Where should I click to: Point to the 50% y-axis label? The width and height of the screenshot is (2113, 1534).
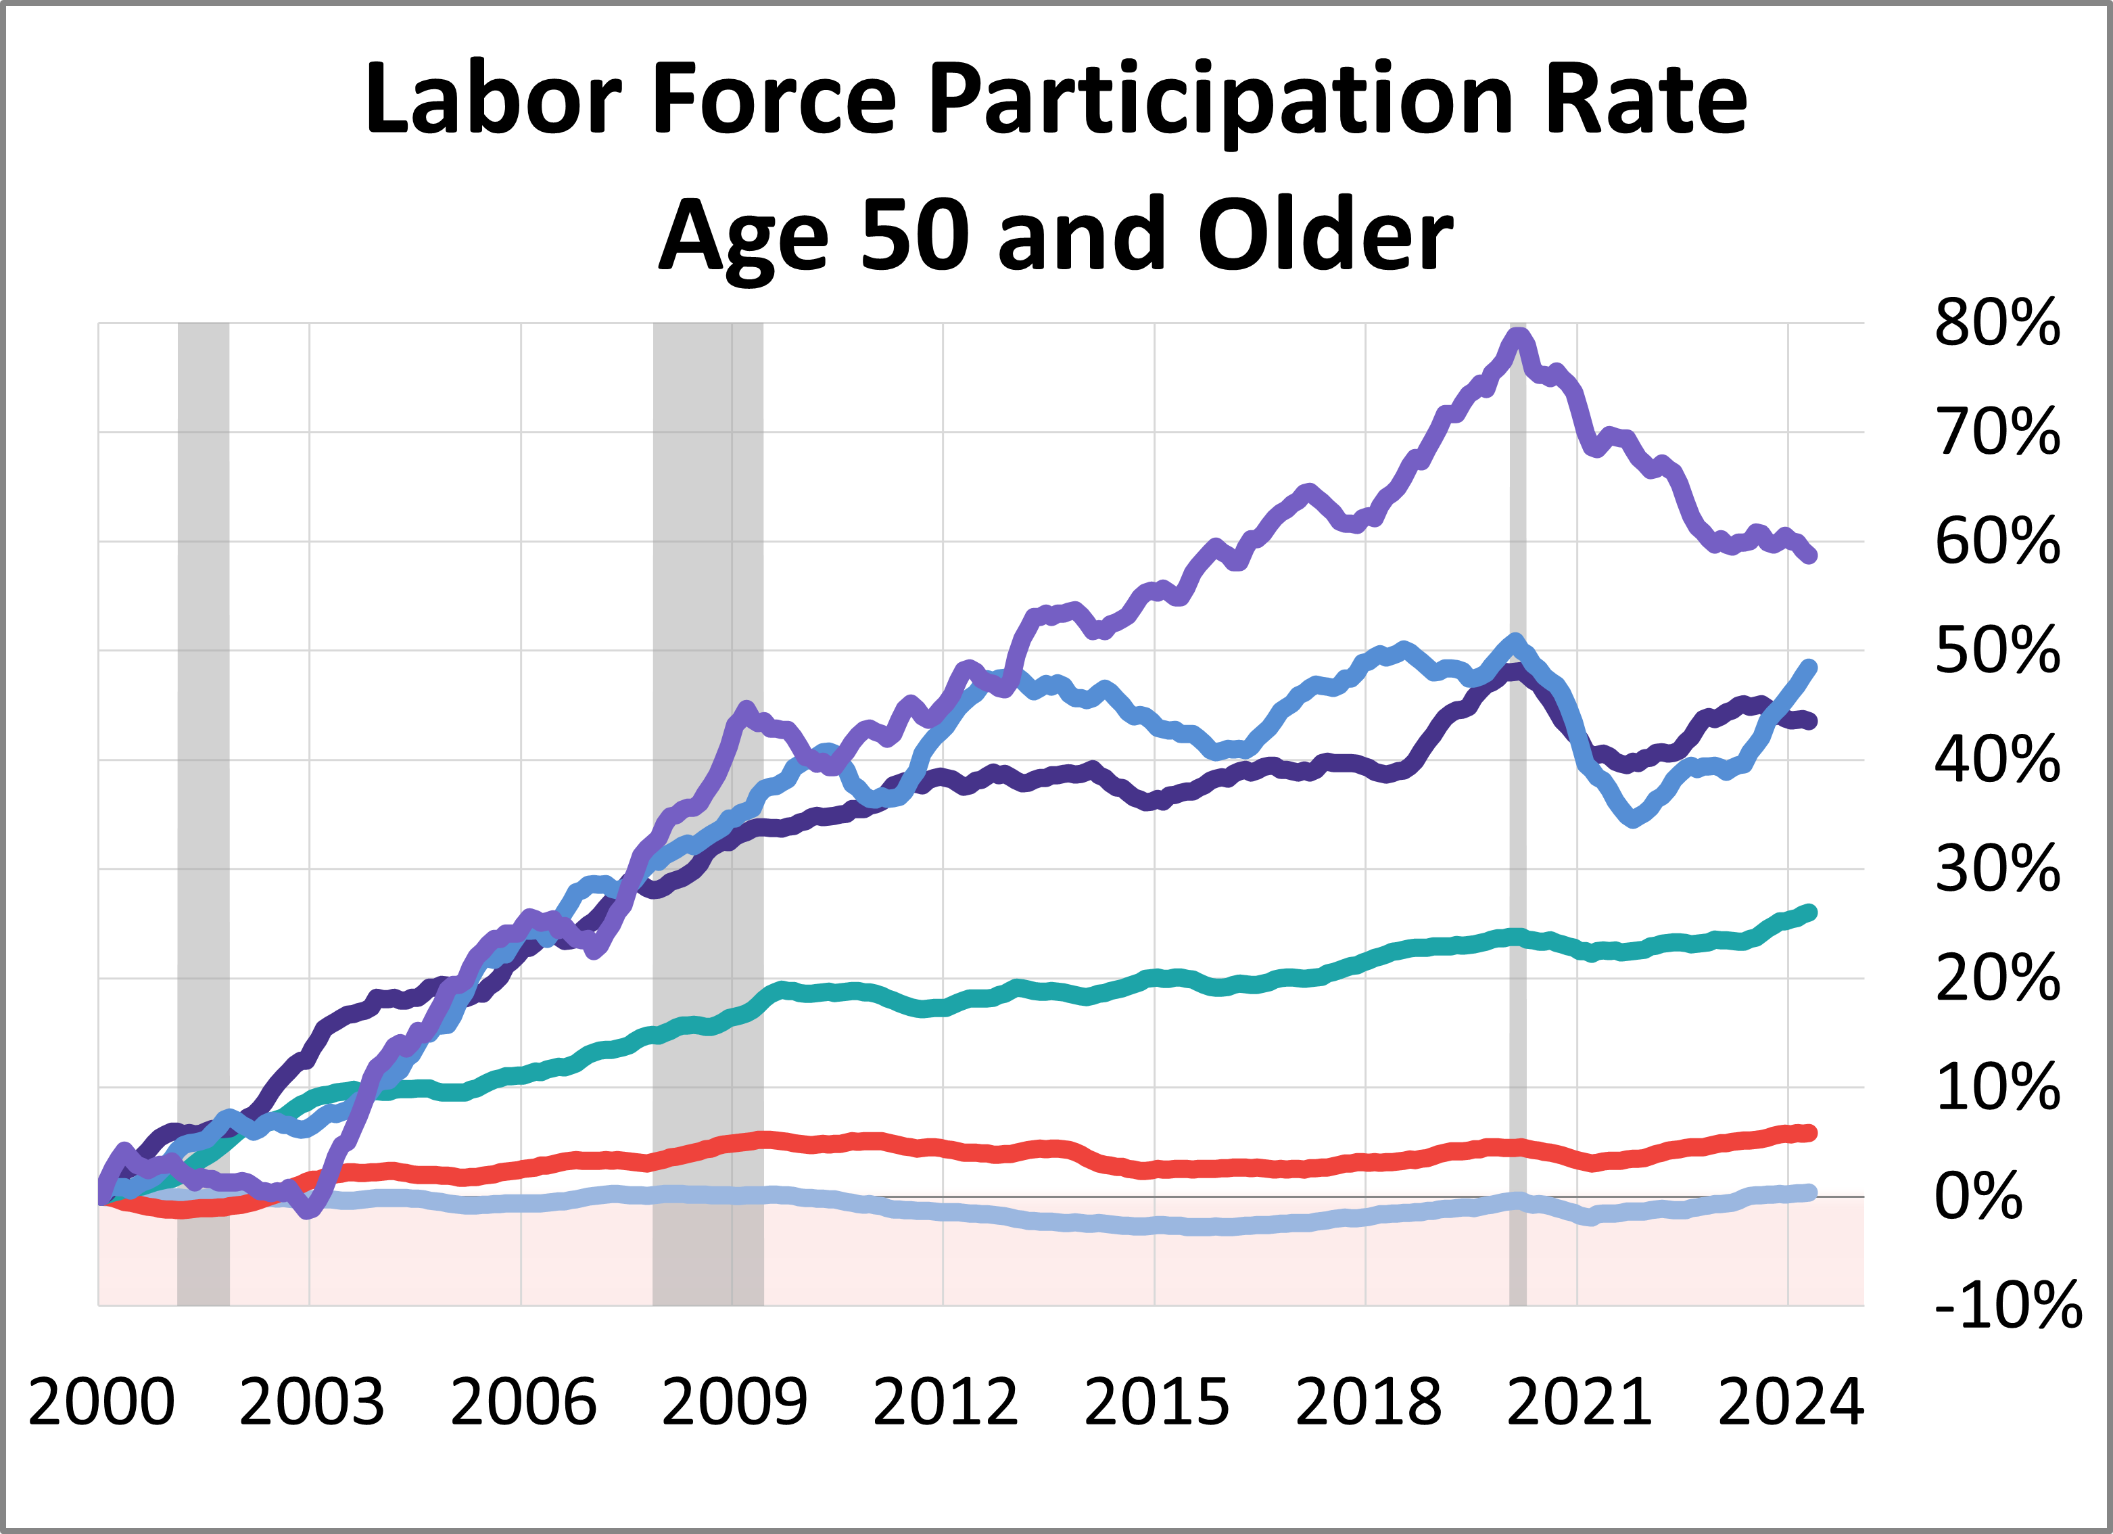[x=1997, y=651]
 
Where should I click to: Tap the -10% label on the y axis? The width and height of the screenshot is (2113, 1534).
[x=2007, y=1305]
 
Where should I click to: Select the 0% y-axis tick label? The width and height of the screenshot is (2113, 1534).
[x=1978, y=1196]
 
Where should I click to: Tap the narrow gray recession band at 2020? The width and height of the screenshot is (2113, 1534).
[x=1518, y=839]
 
